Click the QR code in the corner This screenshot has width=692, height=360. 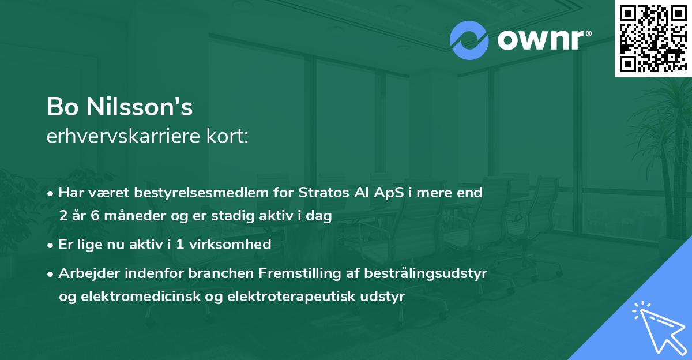(x=653, y=39)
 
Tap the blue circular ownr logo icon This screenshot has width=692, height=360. (x=469, y=40)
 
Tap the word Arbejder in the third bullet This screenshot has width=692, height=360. (x=84, y=273)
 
